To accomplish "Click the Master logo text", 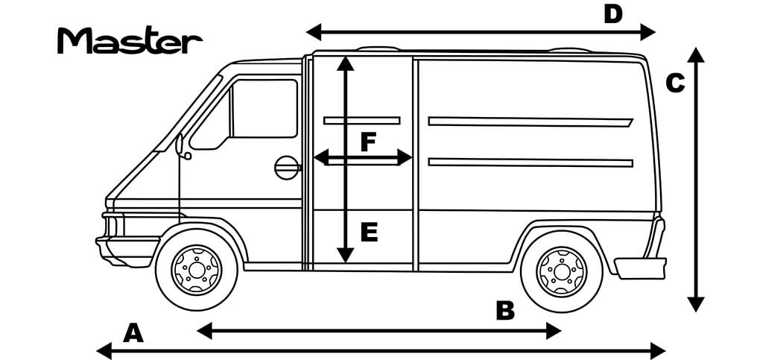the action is (130, 40).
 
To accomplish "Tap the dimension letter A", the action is (133, 333).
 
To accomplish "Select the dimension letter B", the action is (505, 311).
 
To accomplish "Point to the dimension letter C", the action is (675, 83).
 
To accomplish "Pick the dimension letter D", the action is (613, 14).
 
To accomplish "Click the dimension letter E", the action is (370, 233).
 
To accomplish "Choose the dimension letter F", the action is (368, 142).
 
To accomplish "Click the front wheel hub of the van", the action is (197, 270).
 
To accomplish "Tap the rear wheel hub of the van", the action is (562, 271).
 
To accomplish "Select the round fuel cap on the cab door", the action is (287, 168).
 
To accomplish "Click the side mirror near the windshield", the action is (181, 146).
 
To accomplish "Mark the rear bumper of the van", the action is (640, 268).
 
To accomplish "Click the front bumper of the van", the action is (127, 250).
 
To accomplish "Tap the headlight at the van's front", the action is (114, 225).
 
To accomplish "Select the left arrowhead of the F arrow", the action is (321, 157).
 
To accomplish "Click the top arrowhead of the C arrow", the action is (696, 54).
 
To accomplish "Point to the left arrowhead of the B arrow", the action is (205, 331).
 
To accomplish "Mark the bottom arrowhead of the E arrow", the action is (345, 256).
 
